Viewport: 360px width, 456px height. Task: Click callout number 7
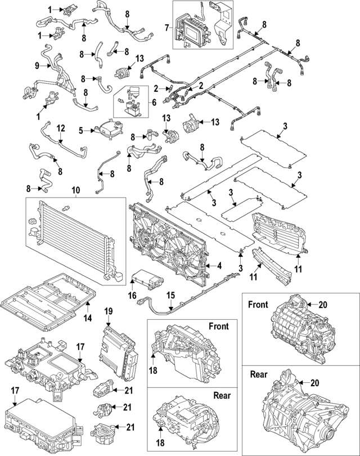[x=167, y=28]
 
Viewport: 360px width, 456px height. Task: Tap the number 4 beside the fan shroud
[x=219, y=266]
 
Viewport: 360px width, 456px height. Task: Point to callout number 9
[x=37, y=66]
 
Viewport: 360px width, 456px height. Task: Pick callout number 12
[x=60, y=128]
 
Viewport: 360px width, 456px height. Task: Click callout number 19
[x=109, y=311]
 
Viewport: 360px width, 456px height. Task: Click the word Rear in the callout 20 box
[x=258, y=374]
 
